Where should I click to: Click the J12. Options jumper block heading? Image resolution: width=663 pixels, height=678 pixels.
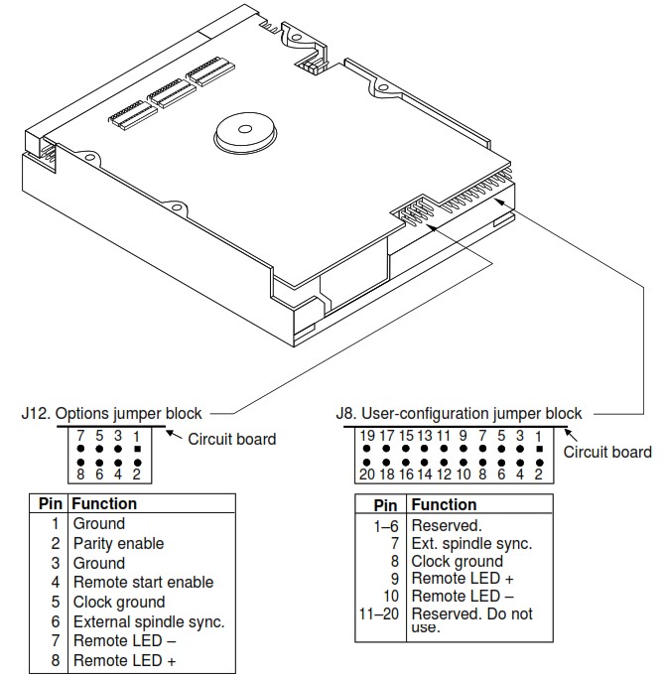coord(111,413)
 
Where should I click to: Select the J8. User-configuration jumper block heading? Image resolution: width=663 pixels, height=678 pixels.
coord(459,413)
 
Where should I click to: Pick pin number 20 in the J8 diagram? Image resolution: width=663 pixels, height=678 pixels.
coord(368,475)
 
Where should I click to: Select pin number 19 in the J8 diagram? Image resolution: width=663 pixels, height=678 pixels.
coord(368,434)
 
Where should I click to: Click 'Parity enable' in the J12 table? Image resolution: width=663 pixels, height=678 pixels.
coord(118,543)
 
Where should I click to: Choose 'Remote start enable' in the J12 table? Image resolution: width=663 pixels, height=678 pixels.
coord(143,582)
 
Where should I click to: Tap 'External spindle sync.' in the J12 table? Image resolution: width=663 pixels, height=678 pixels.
coord(149,621)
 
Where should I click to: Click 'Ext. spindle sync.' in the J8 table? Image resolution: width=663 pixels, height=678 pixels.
coord(471,543)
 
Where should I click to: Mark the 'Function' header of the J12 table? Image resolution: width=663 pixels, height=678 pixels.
coord(104,503)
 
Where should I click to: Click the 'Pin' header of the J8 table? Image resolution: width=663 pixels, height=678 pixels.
coord(385,505)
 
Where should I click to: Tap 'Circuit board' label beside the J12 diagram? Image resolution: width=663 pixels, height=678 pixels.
coord(232,438)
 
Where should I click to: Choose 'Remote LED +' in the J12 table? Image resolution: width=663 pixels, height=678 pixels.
coord(120,660)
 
